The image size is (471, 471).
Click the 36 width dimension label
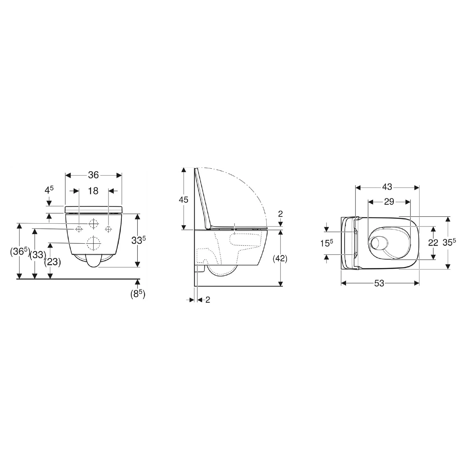click(93, 175)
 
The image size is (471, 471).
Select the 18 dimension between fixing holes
click(93, 191)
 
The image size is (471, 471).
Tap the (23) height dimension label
click(52, 262)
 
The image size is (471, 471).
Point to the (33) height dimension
click(38, 255)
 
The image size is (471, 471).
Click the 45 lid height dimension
click(183, 199)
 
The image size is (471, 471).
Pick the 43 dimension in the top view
click(387, 187)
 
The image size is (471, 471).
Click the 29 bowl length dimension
click(389, 202)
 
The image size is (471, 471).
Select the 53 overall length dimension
click(379, 283)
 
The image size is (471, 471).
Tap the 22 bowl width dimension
click(433, 243)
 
